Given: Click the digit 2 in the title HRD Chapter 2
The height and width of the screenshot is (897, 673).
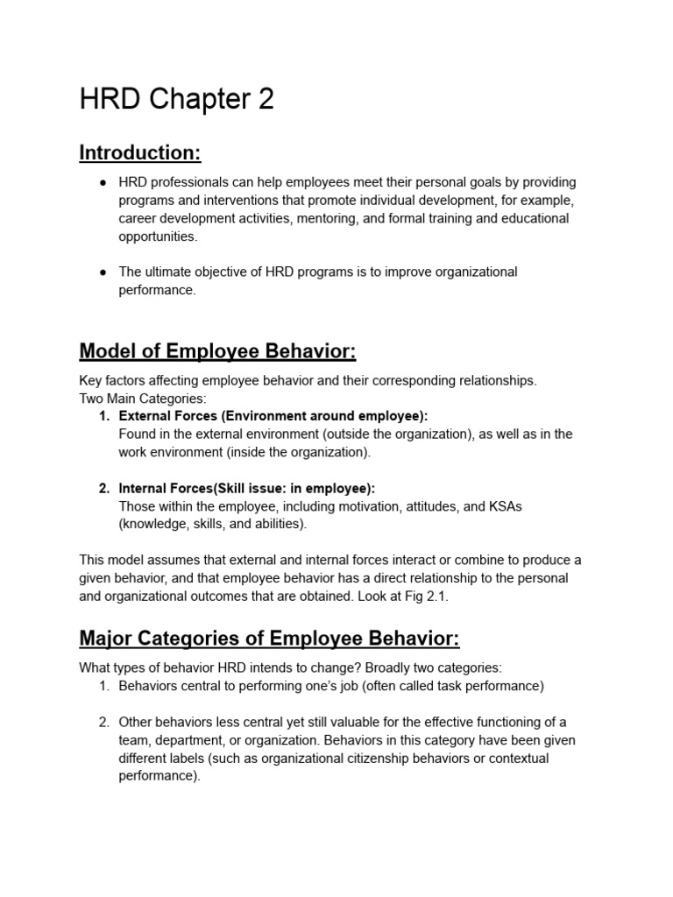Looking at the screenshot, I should [266, 100].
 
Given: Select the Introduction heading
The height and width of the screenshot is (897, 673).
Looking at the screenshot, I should [140, 153].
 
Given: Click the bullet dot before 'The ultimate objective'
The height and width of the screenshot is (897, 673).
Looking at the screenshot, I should [103, 272].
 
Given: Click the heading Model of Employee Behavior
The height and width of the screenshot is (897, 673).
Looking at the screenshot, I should [217, 351].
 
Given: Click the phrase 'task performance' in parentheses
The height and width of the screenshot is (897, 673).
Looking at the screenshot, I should [491, 686].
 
